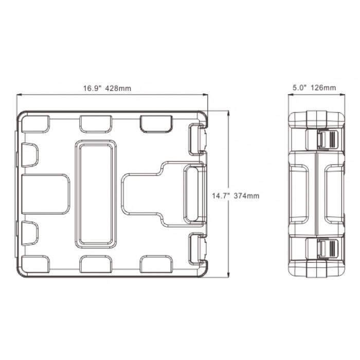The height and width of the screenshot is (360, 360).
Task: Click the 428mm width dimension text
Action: pyautogui.click(x=118, y=88)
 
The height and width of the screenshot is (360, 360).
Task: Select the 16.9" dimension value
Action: pyautogui.click(x=92, y=88)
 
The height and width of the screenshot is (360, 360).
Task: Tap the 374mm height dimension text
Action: pyautogui.click(x=246, y=196)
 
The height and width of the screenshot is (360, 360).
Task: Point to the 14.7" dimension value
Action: pyautogui.click(x=221, y=196)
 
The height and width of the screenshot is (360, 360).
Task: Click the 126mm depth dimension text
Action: pyautogui.click(x=323, y=88)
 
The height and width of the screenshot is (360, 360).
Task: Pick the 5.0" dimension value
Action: pyautogui.click(x=300, y=88)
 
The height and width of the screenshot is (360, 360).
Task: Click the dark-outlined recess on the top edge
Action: pyautogui.click(x=156, y=124)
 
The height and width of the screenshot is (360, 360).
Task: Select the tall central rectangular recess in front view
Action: pyautogui.click(x=96, y=194)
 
